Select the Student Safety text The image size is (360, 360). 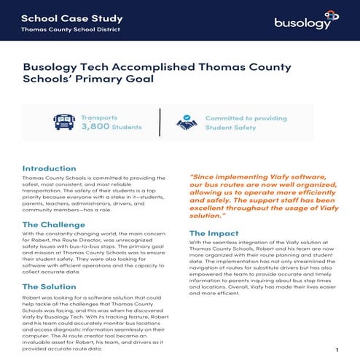click(x=230, y=127)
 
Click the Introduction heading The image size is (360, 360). click(x=49, y=168)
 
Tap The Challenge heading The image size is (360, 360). click(x=53, y=224)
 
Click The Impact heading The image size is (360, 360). click(x=214, y=232)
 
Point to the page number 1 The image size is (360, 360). click(x=337, y=350)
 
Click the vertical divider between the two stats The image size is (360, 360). click(x=160, y=122)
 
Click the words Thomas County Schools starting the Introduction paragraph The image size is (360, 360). click(x=55, y=179)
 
